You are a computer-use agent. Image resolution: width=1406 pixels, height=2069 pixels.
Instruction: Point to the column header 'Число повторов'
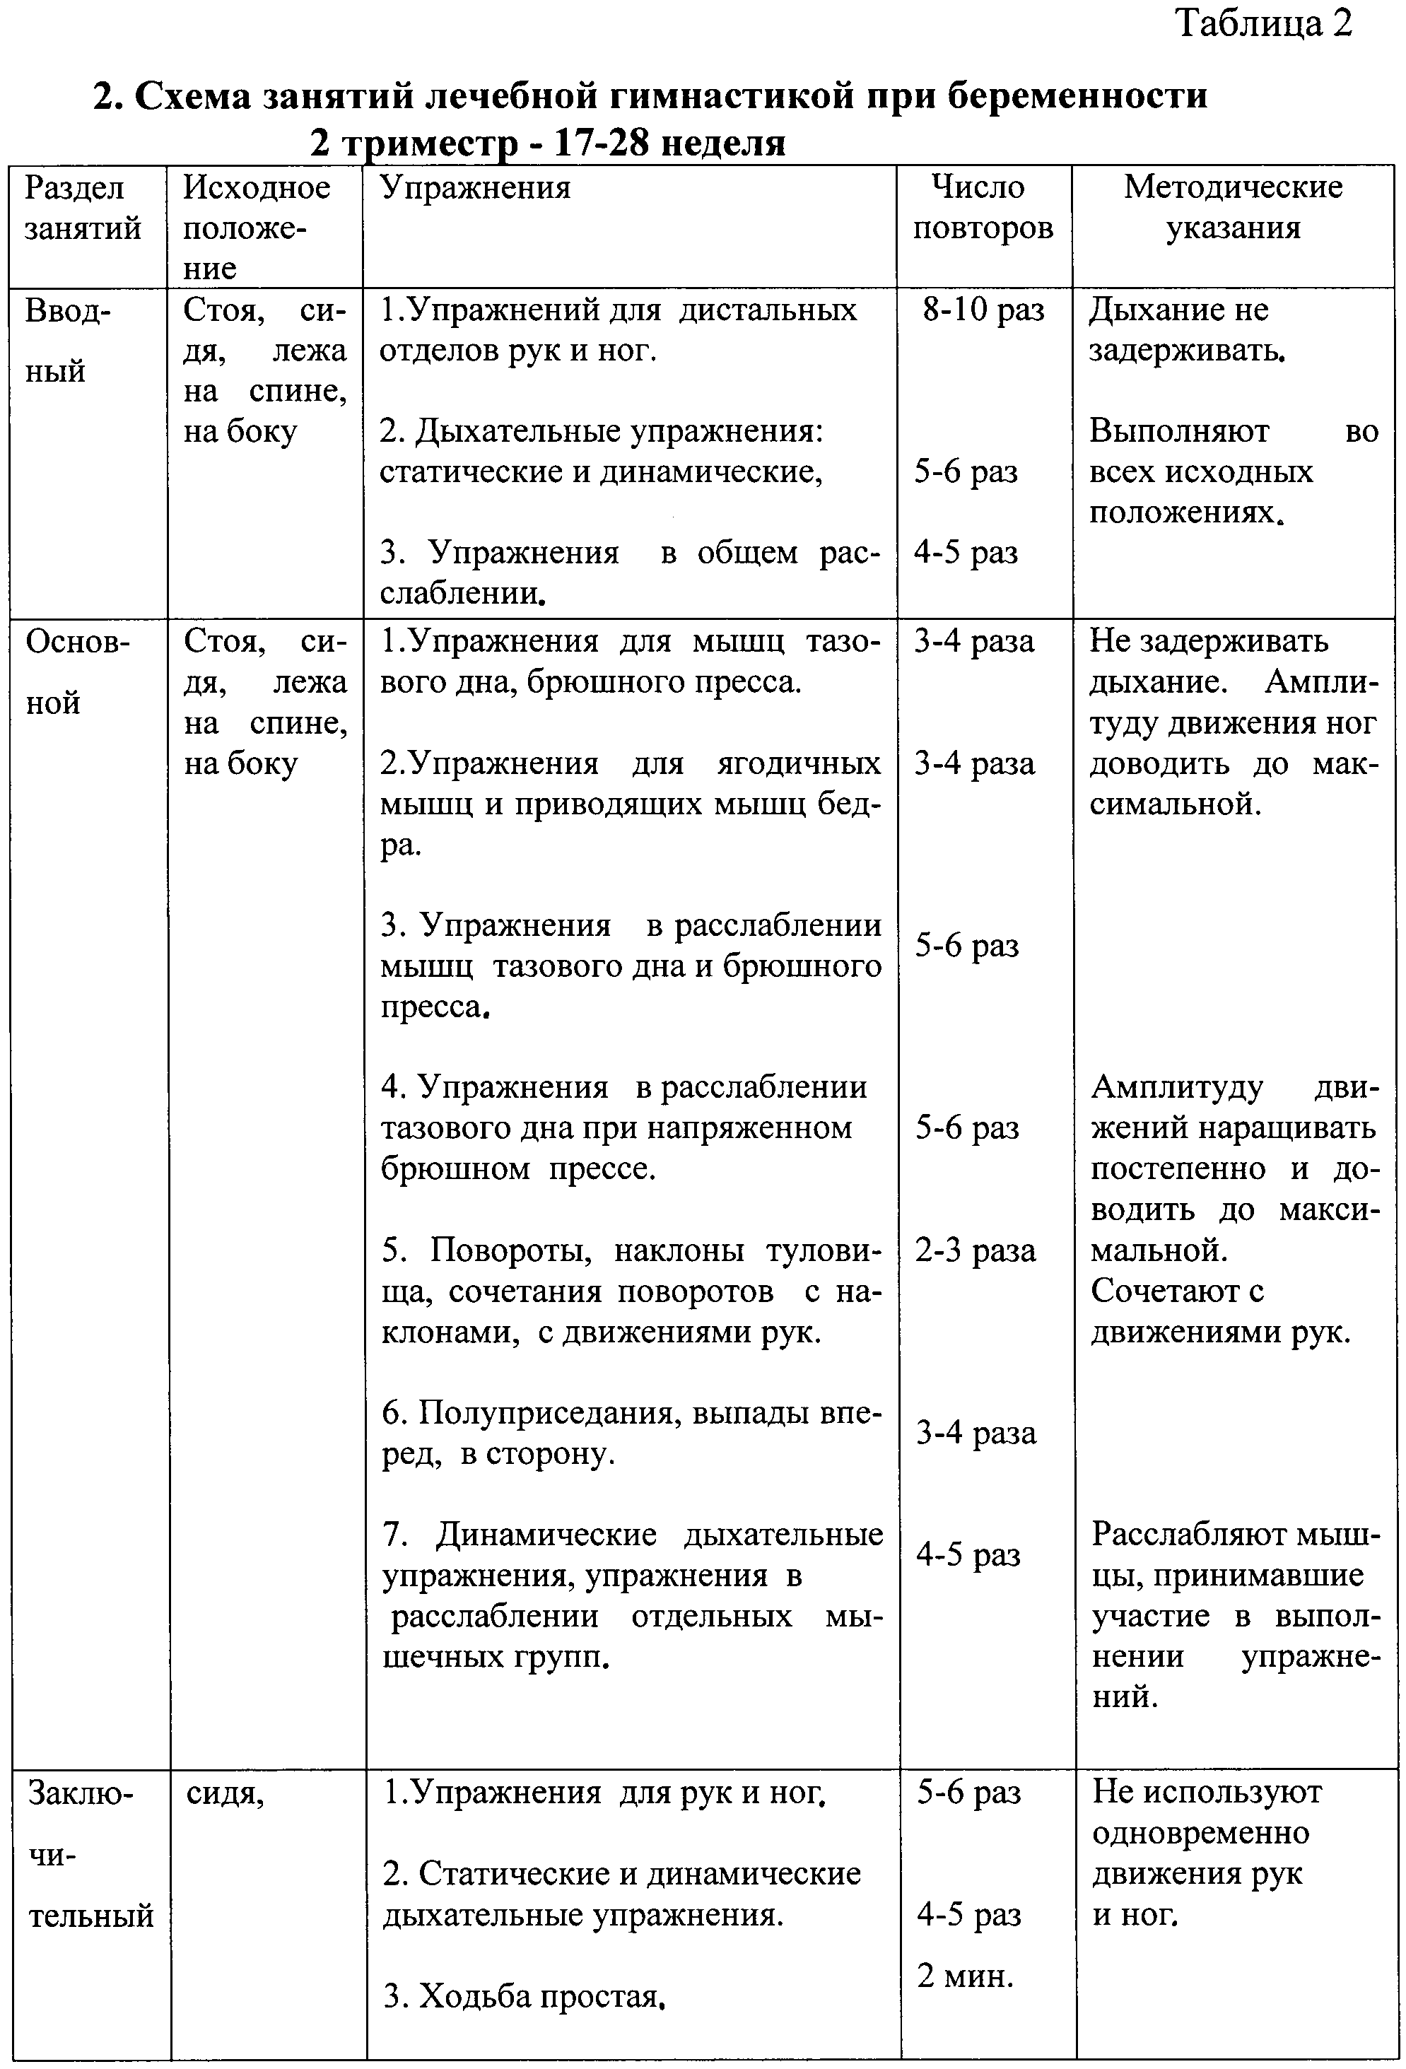pos(982,207)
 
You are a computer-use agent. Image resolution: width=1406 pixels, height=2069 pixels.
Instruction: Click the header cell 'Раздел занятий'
pos(83,207)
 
